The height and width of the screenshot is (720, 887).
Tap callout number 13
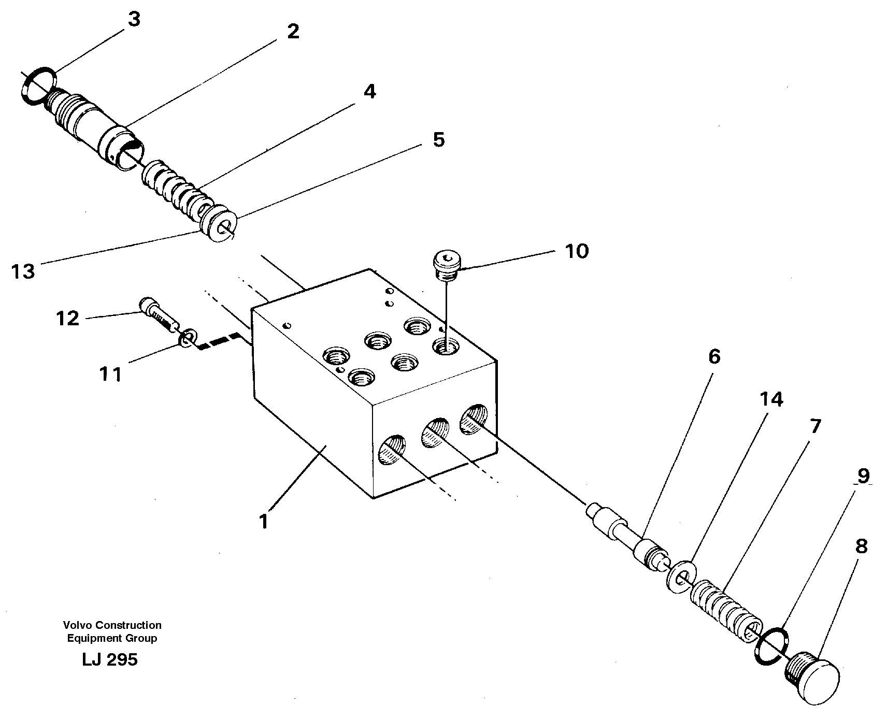(x=23, y=271)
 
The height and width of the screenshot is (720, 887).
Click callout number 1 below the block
(x=264, y=521)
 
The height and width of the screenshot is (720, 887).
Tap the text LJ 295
(x=109, y=659)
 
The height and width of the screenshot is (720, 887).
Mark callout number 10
(x=576, y=251)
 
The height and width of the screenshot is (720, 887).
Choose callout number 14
(x=771, y=399)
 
